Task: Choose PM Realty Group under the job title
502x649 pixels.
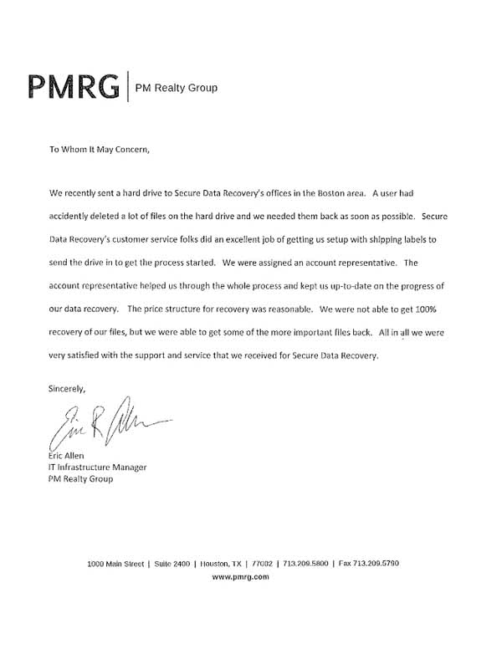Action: tap(80, 479)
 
